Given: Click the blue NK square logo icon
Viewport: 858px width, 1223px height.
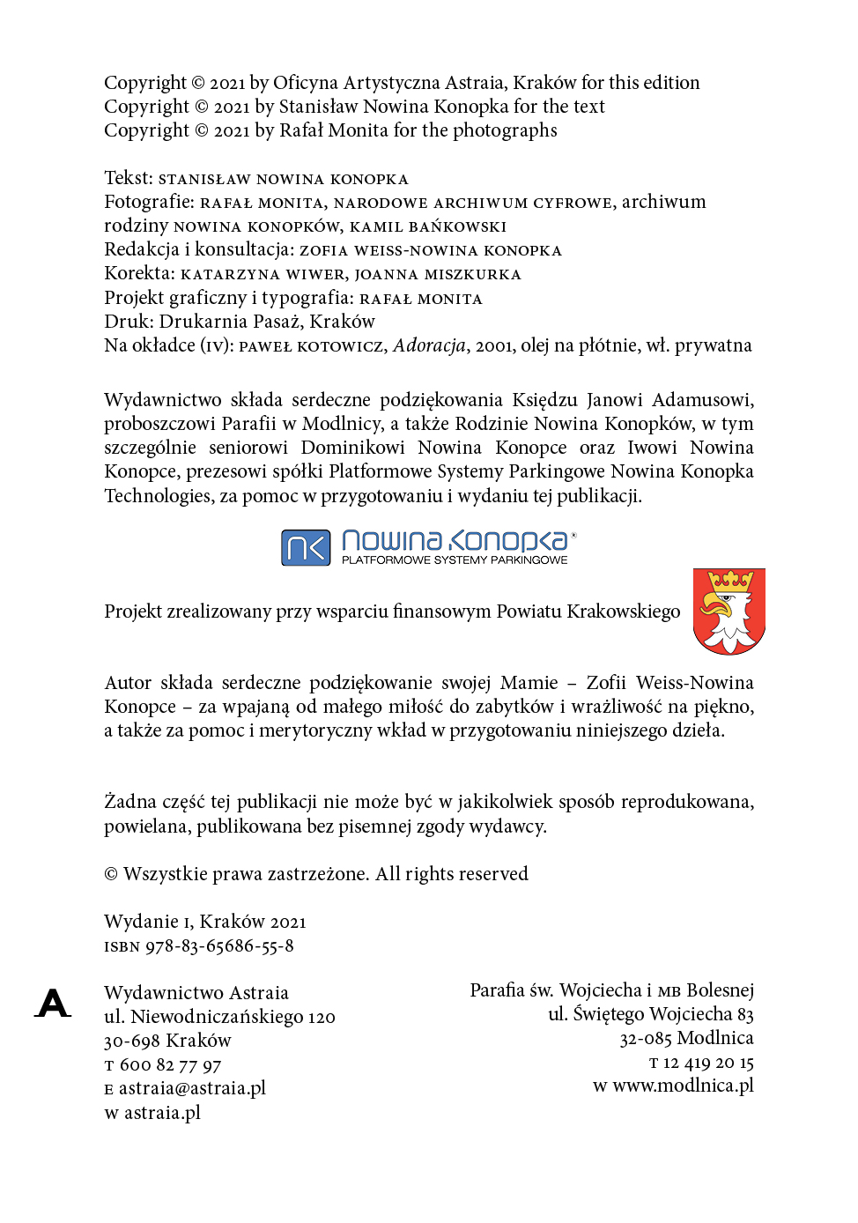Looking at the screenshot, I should click(306, 547).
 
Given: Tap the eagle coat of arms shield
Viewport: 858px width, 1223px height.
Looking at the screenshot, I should click(729, 611).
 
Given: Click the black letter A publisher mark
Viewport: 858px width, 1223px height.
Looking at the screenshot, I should click(54, 1003).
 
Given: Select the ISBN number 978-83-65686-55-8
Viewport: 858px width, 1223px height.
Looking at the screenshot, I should click(219, 945).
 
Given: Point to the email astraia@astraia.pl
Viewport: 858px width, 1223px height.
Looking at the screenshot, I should click(192, 1088).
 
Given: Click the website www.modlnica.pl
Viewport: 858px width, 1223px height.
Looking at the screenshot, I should click(683, 1086).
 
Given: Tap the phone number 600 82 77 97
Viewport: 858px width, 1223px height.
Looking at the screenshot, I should click(170, 1065).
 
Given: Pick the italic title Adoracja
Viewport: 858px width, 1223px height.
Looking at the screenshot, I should click(429, 345).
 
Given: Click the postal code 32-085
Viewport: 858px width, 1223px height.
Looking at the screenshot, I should click(646, 1039).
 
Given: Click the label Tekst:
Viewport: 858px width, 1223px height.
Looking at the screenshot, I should click(129, 178).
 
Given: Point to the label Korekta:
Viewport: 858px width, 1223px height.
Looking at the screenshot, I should click(139, 273).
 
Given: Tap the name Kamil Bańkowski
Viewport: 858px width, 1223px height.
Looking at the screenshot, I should click(428, 226).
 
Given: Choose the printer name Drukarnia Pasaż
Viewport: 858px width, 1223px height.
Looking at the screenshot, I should click(231, 322).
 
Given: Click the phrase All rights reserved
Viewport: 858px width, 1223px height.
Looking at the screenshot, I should click(452, 874).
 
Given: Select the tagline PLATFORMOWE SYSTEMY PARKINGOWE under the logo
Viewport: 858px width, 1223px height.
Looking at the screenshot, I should click(455, 560).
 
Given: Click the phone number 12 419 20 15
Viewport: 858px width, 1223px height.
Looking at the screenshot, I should click(708, 1063).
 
